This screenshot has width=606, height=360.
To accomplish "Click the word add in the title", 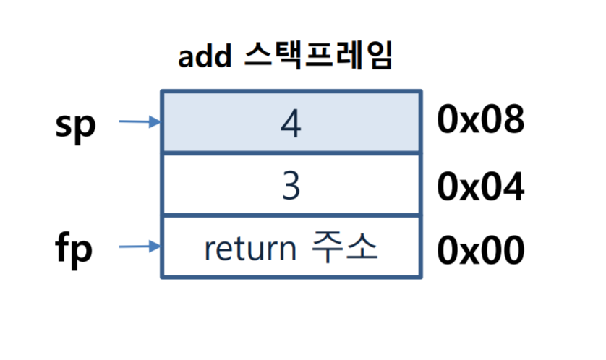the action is (x=205, y=56).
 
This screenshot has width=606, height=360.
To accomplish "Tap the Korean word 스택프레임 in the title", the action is (x=319, y=55).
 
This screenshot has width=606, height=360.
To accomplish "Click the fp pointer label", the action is (x=74, y=247).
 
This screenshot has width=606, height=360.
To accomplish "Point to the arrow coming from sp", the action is (x=140, y=121).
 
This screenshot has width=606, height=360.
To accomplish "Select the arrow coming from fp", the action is (x=140, y=246).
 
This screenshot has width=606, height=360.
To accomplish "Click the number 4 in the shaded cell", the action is (x=291, y=123).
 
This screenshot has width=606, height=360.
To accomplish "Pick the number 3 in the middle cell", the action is (x=291, y=186).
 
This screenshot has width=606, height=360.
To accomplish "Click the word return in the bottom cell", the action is (x=250, y=249).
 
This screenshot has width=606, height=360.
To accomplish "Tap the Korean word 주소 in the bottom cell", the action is (x=344, y=247).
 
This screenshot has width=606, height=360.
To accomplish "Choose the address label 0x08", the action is (x=480, y=119).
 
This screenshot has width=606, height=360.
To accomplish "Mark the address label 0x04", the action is (x=480, y=187).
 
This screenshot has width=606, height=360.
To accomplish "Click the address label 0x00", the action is (x=480, y=250).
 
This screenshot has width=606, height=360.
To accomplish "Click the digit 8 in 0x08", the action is (x=513, y=119).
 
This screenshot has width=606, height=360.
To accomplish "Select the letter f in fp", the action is (x=64, y=245).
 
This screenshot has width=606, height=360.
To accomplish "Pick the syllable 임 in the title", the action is (x=380, y=55).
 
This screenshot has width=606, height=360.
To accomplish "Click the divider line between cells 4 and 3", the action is (x=291, y=153).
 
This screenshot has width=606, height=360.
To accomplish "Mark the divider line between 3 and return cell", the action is (x=291, y=215).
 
